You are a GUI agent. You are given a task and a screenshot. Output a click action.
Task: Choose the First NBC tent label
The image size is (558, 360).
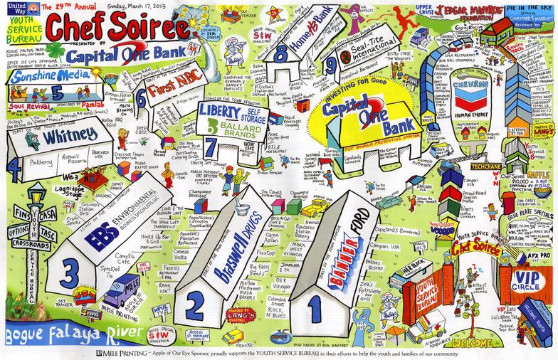click(172, 90)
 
